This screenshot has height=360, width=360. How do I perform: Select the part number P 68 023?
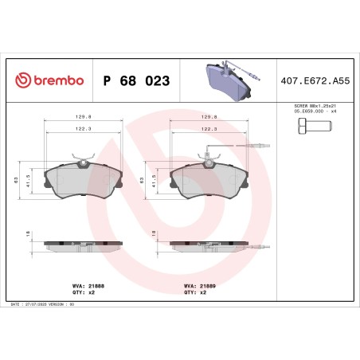coord(134,80)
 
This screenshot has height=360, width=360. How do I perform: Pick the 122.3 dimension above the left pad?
coord(80,127)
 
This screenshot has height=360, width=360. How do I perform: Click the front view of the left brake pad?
coord(81,182)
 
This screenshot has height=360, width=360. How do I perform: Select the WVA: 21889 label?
coord(195,284)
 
